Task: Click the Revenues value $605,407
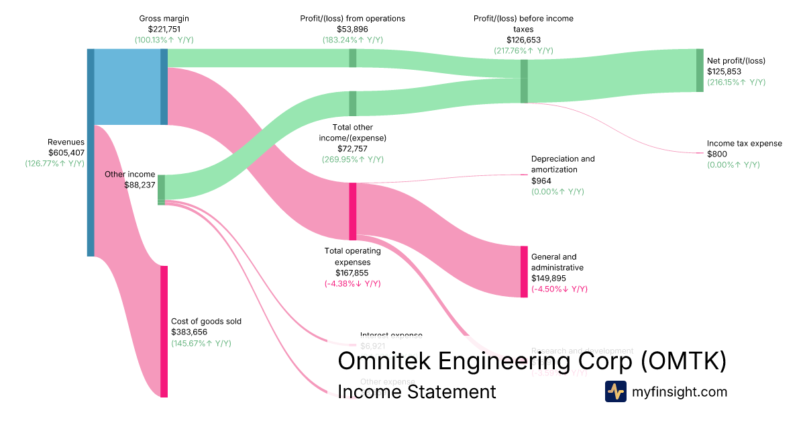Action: click(66, 152)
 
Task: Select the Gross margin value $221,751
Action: click(164, 29)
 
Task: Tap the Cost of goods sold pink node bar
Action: click(164, 331)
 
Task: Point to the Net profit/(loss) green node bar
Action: click(700, 70)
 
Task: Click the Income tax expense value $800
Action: click(716, 154)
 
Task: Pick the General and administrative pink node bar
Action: click(524, 272)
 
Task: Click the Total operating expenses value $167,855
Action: click(352, 273)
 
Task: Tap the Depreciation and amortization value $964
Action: click(541, 181)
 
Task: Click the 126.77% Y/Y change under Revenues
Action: click(55, 163)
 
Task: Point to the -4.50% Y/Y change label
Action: click(559, 289)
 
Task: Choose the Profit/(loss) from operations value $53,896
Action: click(352, 29)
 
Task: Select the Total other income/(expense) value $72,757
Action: click(352, 148)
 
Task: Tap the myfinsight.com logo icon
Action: click(615, 391)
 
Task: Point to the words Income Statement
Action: click(417, 391)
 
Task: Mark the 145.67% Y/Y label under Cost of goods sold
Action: click(201, 343)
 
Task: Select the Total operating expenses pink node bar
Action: click(352, 211)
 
